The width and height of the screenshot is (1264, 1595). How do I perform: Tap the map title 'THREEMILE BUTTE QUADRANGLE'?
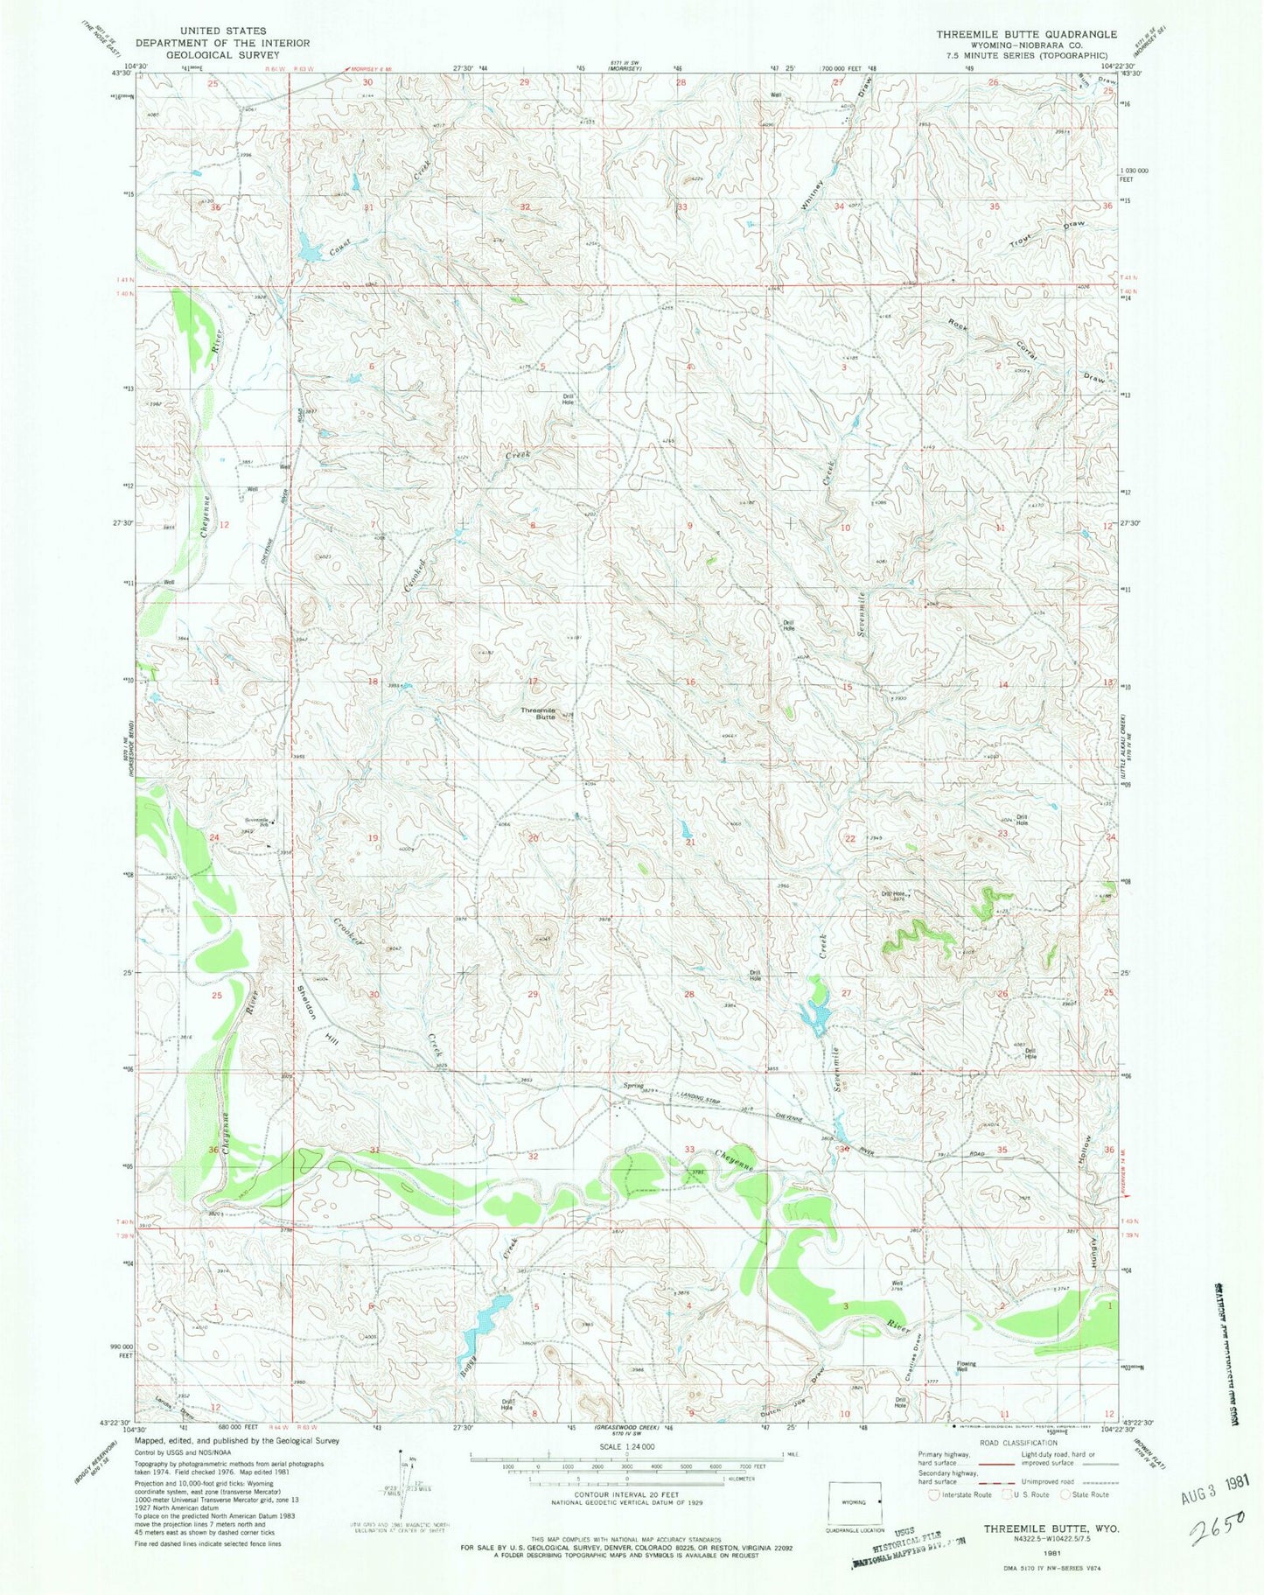1026,34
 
